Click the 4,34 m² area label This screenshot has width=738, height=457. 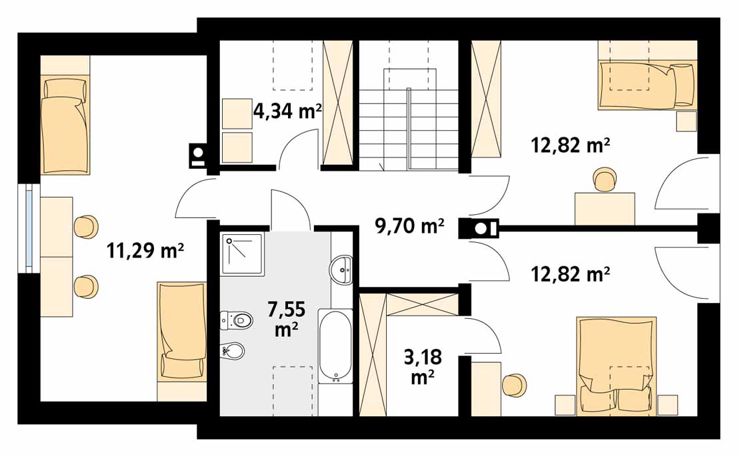coord(287,111)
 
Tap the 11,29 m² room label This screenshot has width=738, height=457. coord(145,250)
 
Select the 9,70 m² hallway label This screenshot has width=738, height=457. coord(409,226)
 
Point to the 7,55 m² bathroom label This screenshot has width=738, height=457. coord(286,320)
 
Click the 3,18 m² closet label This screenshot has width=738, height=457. coord(423,366)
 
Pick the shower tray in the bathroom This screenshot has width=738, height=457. coord(243,254)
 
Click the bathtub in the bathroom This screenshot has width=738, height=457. coord(335,346)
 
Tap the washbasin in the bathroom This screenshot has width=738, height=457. coord(342,270)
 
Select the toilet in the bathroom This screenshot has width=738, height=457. coord(237,320)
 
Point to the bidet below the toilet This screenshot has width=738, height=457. coord(233,350)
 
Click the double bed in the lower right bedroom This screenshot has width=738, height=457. coord(617,366)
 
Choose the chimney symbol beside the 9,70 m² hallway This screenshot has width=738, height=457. coord(479,229)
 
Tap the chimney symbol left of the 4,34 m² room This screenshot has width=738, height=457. coord(198,155)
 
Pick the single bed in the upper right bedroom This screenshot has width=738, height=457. coord(647,85)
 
